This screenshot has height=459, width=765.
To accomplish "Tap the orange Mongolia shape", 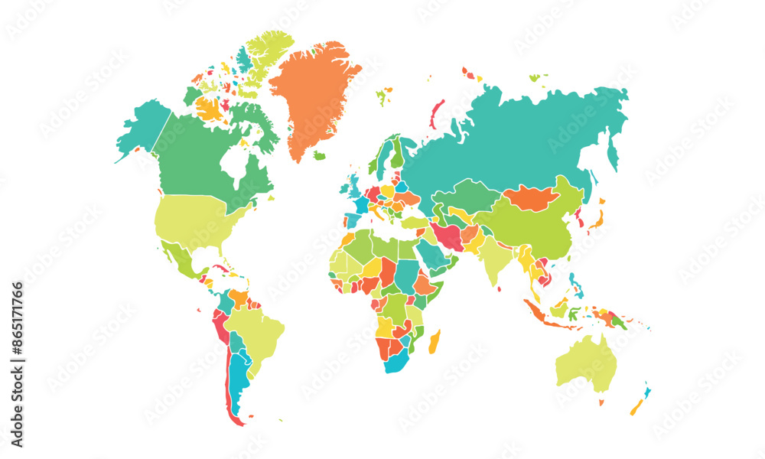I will pyautogui.click(x=532, y=197).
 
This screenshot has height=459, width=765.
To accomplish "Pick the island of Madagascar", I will pyautogui.click(x=435, y=341).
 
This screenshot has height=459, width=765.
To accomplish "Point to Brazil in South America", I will pyautogui.click(x=256, y=329).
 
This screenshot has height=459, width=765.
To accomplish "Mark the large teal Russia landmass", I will pyautogui.click(x=535, y=138).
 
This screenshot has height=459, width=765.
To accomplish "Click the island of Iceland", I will pyautogui.click(x=319, y=155).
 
